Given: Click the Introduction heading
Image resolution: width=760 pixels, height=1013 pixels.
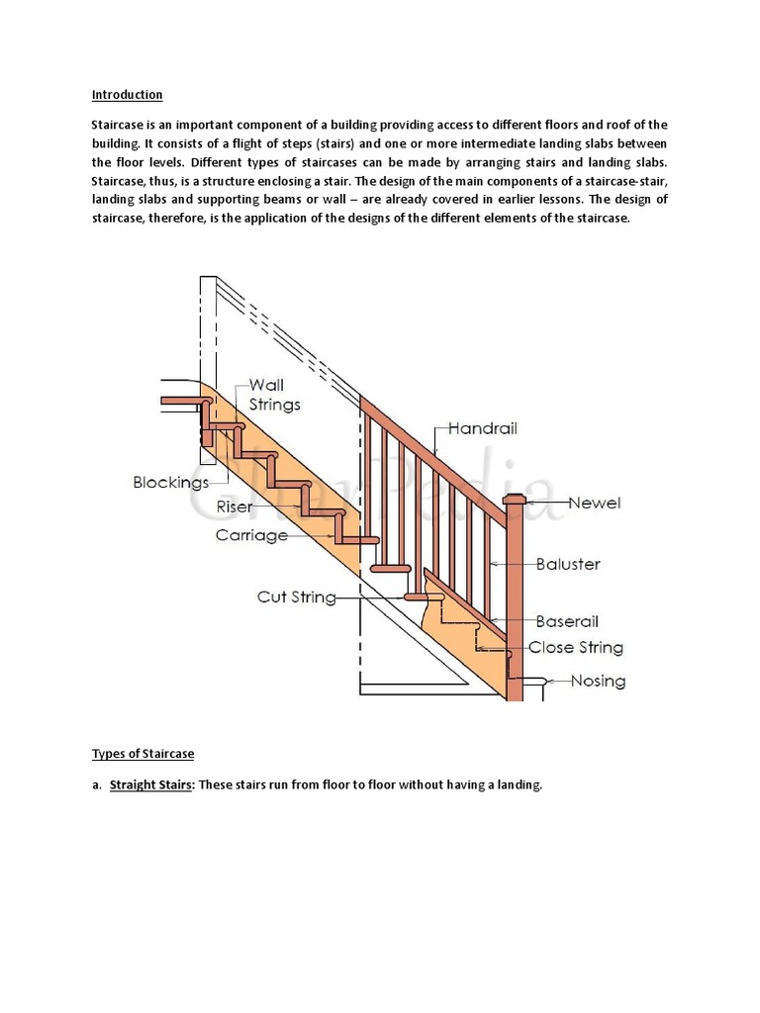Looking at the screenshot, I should pyautogui.click(x=127, y=95).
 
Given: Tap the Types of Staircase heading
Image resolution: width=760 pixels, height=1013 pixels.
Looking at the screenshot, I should pyautogui.click(x=142, y=754).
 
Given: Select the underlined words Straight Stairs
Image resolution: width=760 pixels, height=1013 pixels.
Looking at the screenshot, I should pyautogui.click(x=151, y=785).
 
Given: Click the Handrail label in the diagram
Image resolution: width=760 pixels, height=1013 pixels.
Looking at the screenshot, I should pyautogui.click(x=483, y=429).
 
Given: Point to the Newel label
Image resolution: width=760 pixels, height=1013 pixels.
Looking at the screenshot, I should pyautogui.click(x=595, y=503).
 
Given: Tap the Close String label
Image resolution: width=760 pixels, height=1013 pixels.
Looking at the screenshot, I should pyautogui.click(x=576, y=648).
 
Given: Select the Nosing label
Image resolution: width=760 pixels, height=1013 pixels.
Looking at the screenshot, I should pyautogui.click(x=598, y=682).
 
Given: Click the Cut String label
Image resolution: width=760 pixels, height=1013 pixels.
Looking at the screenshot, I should pyautogui.click(x=296, y=598).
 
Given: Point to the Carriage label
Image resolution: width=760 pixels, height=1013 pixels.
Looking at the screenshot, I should pyautogui.click(x=251, y=535).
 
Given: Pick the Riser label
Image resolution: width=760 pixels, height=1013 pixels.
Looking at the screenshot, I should pyautogui.click(x=235, y=507).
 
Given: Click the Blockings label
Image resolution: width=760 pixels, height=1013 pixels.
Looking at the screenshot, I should pyautogui.click(x=171, y=483).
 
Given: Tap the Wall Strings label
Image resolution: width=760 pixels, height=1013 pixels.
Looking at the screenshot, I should pyautogui.click(x=274, y=395).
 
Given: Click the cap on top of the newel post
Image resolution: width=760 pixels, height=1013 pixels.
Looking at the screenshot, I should pyautogui.click(x=514, y=500).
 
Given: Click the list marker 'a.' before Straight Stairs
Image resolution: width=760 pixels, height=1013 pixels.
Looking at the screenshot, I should pyautogui.click(x=97, y=785).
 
